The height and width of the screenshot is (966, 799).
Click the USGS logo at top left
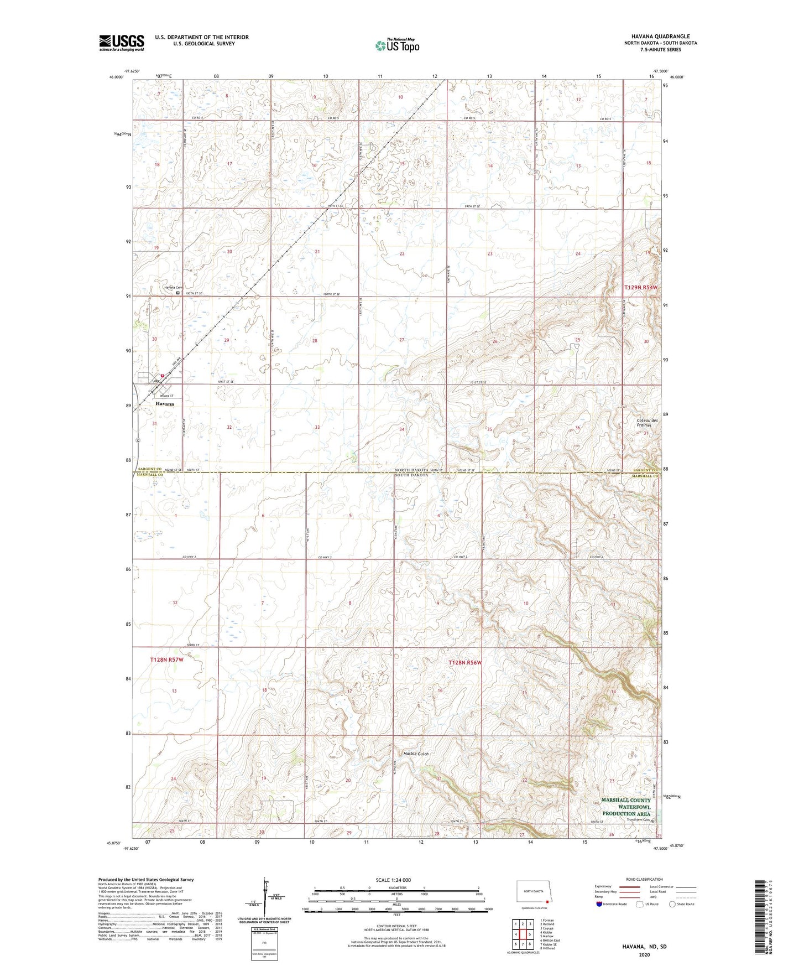point(122,43)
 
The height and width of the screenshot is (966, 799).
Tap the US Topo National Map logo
point(396,45)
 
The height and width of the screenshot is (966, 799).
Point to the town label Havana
point(164,404)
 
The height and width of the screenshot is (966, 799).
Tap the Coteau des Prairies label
point(647,423)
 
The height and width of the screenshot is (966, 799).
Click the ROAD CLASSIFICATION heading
point(644,879)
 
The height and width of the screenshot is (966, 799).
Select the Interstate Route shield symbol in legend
point(599,905)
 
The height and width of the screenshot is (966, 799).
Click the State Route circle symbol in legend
point(672,905)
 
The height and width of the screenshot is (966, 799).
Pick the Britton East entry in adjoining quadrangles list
point(551,940)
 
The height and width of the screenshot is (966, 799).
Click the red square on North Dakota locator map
point(547,891)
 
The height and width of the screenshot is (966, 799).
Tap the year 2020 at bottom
point(644,954)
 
